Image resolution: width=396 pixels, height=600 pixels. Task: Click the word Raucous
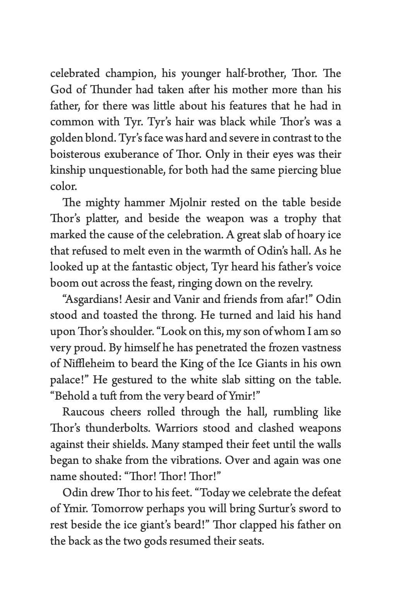tap(83, 412)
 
